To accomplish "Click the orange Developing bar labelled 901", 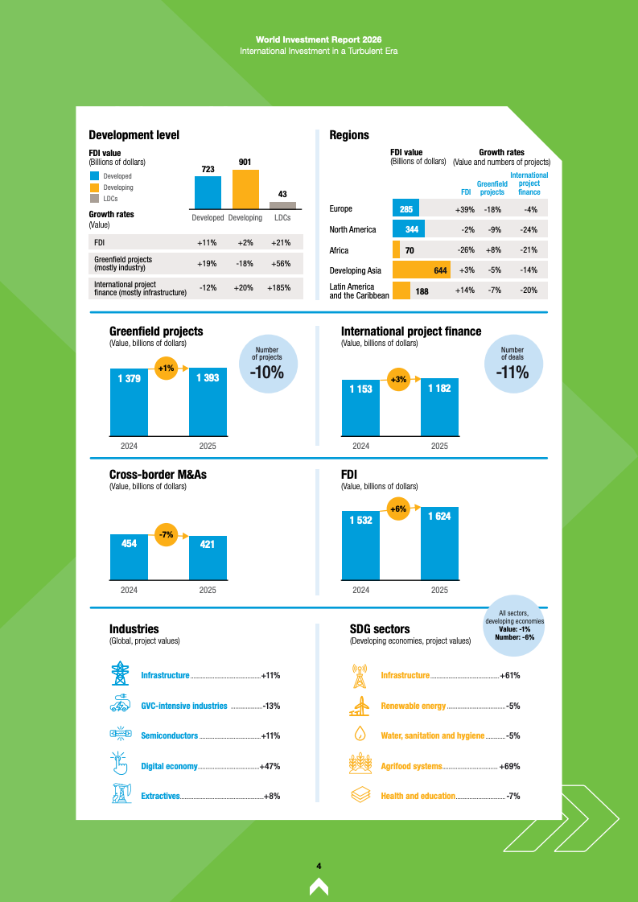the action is (x=245, y=188).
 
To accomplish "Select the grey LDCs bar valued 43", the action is (x=282, y=205).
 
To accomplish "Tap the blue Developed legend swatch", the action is (x=95, y=176).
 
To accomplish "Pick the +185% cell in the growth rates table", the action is (x=278, y=287).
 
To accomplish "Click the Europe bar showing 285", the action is (x=405, y=209).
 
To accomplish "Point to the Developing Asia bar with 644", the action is (x=421, y=270).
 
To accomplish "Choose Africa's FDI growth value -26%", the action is (x=465, y=250).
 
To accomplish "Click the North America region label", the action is (x=352, y=230).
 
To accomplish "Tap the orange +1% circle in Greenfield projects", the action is (x=167, y=369).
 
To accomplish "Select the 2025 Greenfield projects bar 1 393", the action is (x=208, y=402).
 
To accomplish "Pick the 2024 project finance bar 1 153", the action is (x=360, y=408).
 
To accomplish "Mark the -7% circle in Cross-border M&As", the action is (x=167, y=535).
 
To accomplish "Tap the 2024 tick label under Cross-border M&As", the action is (x=129, y=590).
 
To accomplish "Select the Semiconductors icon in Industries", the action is (x=121, y=734).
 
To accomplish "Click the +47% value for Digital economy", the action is (x=270, y=766).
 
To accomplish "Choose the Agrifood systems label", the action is (x=411, y=766).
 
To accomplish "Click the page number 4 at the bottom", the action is (x=319, y=866).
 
